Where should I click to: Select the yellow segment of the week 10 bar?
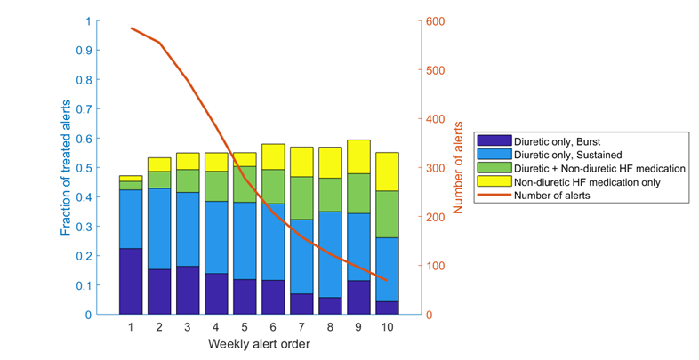click(x=387, y=172)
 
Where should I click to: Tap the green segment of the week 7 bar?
click(x=301, y=197)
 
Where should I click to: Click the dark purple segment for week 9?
click(x=358, y=297)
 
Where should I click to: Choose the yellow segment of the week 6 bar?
click(x=273, y=156)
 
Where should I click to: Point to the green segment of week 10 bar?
click(x=387, y=214)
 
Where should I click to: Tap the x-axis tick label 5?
click(x=245, y=327)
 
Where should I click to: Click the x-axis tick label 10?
click(x=387, y=327)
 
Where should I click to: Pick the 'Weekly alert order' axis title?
click(x=259, y=343)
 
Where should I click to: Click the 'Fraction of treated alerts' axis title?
click(x=68, y=168)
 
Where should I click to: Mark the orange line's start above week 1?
click(x=131, y=28)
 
